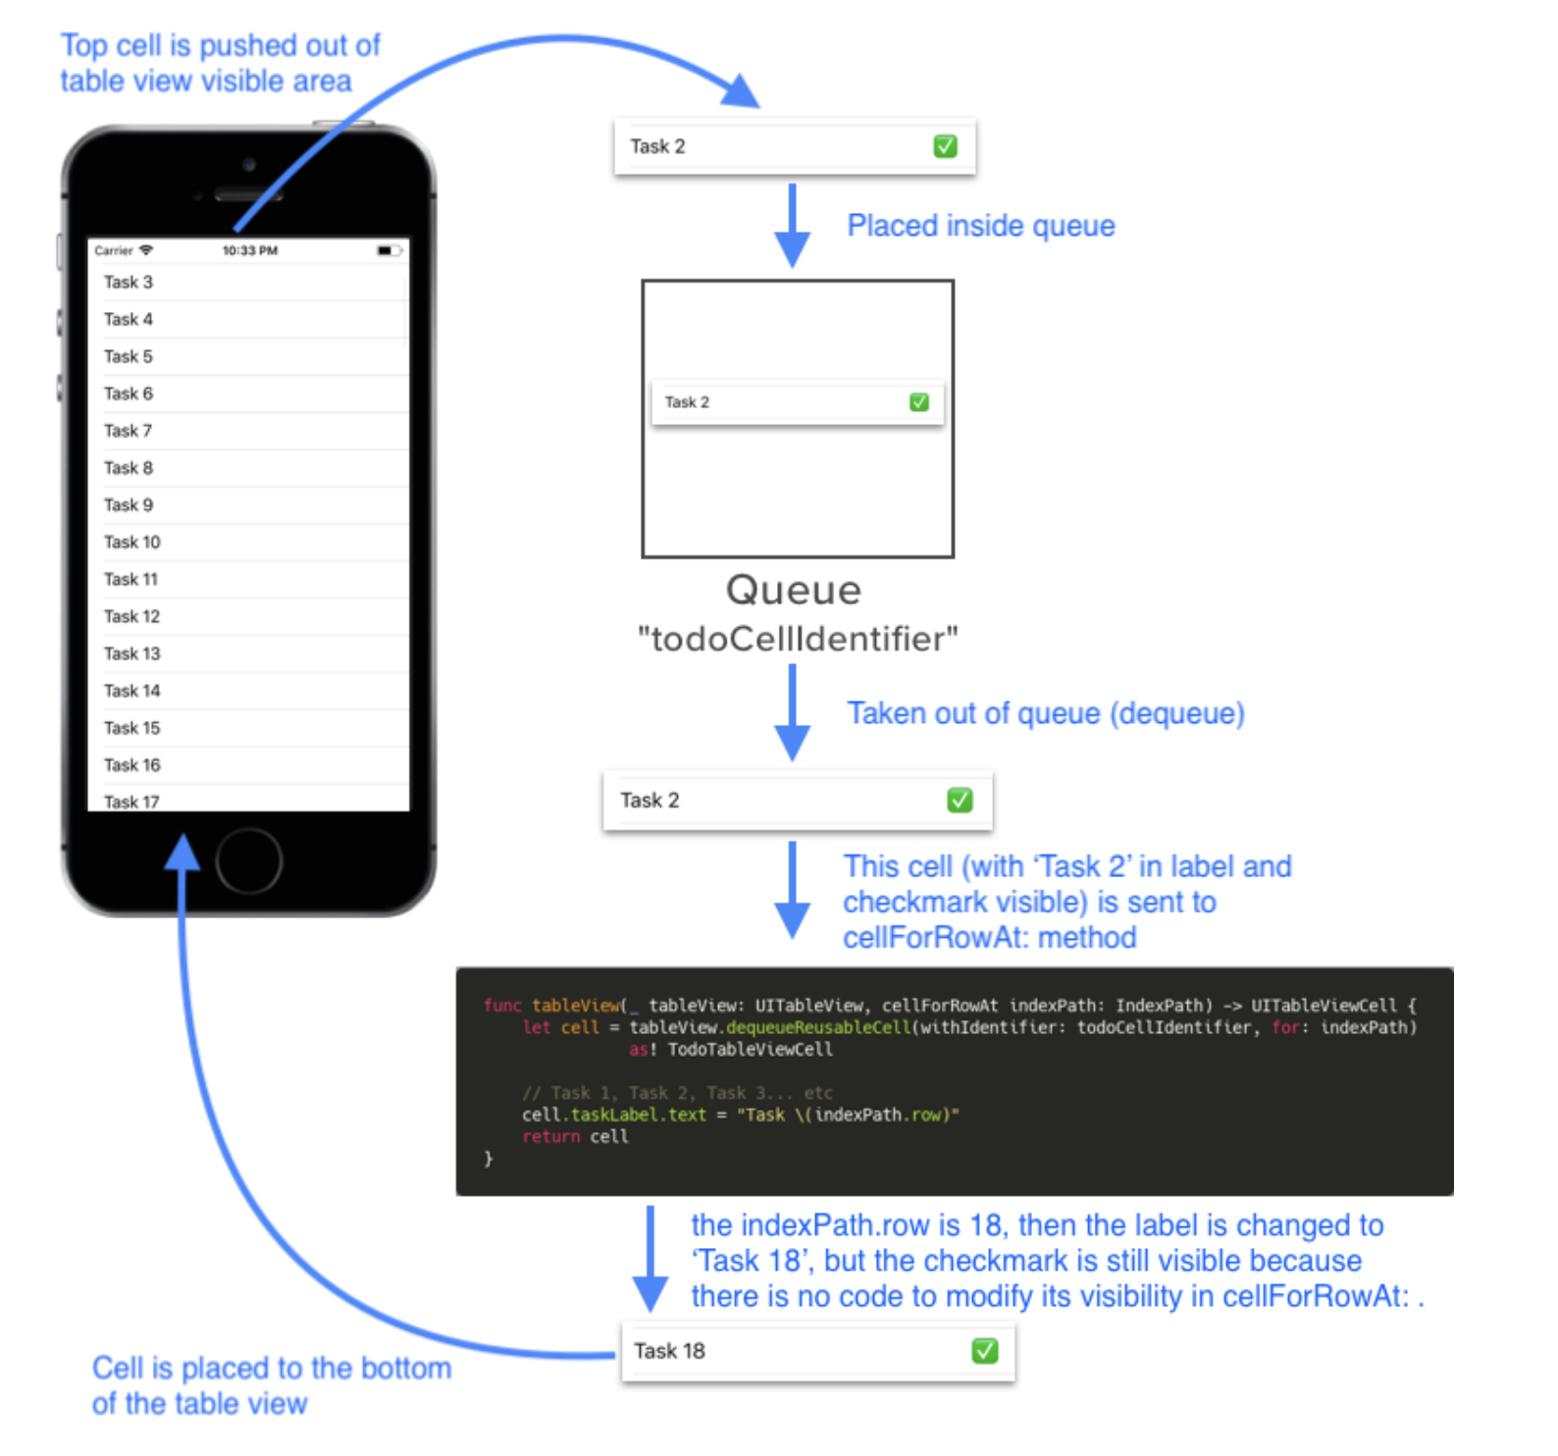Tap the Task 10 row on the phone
tap(132, 542)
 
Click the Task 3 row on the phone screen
tap(129, 282)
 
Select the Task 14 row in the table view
tap(132, 691)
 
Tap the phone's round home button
tap(248, 860)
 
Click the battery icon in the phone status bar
tap(388, 251)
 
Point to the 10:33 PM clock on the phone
tap(249, 251)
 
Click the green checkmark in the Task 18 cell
tap(984, 1351)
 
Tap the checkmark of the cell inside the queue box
tap(918, 402)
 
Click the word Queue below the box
tap(793, 590)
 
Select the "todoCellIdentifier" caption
tap(797, 639)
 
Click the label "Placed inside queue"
tap(980, 226)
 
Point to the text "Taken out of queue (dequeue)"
tap(1045, 713)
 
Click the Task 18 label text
tap(669, 1351)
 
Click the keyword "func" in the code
tap(501, 1006)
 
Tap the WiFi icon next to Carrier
tap(146, 251)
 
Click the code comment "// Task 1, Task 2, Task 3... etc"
tap(677, 1093)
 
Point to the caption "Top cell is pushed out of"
tap(220, 46)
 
